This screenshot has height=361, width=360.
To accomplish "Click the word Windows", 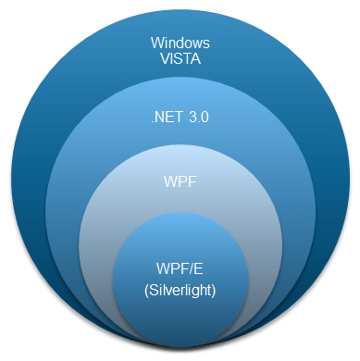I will [180, 42].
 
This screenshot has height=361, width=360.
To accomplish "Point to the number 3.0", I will [198, 118].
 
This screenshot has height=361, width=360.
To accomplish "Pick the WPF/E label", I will [180, 268].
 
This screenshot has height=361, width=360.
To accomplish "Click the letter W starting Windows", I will [155, 42].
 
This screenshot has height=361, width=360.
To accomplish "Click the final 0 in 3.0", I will [205, 118].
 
